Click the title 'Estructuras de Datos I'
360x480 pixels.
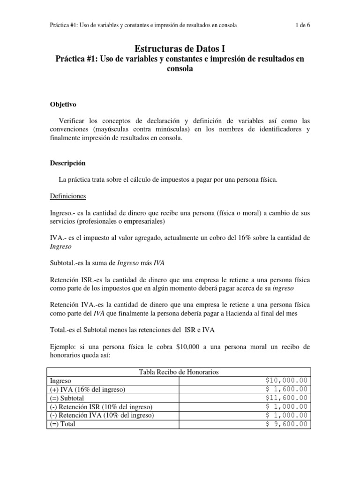coord(180,48)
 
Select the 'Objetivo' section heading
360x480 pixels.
coord(63,105)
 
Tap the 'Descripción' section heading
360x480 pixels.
coord(67,164)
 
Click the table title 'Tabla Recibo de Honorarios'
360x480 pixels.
coord(179,372)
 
